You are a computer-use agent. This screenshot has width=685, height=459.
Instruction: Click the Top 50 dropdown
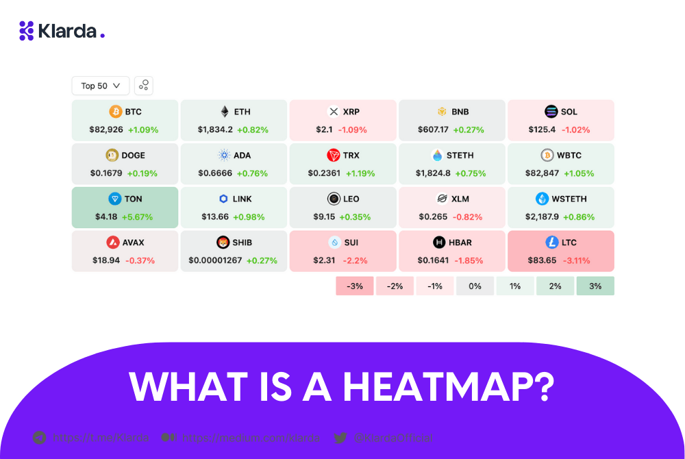(100, 86)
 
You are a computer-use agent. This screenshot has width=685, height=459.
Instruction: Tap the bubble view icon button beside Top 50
(144, 86)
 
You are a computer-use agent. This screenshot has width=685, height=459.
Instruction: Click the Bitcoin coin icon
(116, 112)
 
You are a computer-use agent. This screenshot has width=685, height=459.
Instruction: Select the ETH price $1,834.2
(215, 129)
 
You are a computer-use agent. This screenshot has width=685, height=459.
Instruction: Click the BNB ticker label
(460, 112)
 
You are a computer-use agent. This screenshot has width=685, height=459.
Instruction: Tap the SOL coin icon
(551, 112)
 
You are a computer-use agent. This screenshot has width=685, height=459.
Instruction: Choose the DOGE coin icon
(112, 156)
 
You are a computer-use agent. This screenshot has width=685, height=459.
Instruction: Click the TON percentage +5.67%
(137, 217)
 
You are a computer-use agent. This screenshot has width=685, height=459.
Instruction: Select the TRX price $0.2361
(324, 173)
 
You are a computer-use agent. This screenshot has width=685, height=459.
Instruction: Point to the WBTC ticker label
(569, 156)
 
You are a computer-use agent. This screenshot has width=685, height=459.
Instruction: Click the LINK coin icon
(223, 199)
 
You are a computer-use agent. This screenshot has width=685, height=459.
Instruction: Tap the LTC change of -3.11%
(576, 260)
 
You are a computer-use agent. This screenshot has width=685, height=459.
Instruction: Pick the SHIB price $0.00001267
(215, 260)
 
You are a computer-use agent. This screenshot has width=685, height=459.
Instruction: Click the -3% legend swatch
(354, 286)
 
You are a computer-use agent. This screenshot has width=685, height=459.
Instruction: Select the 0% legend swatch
(475, 286)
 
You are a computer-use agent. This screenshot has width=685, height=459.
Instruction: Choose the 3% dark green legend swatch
(595, 286)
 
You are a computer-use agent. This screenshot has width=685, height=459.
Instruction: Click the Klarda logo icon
(27, 31)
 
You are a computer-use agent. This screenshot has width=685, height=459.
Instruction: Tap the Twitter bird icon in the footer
(340, 438)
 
